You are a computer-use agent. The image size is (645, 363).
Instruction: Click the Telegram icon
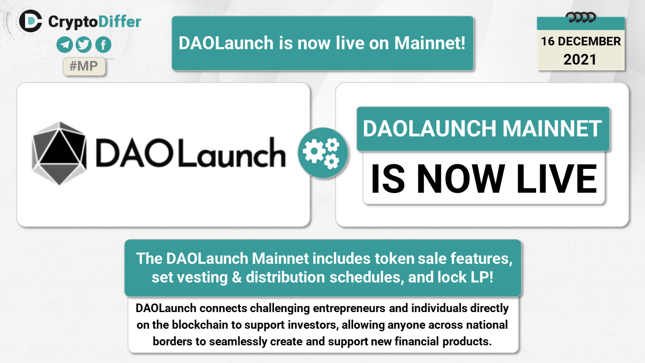pyautogui.click(x=64, y=45)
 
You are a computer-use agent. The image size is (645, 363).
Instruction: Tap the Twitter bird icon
pyautogui.click(x=84, y=45)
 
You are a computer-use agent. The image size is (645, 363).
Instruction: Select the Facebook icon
pyautogui.click(x=103, y=45)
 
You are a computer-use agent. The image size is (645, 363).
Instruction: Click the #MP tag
pyautogui.click(x=84, y=66)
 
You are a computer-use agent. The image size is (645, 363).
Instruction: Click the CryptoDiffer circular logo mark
pyautogui.click(x=31, y=21)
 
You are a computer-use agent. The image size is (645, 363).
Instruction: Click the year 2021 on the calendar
pyautogui.click(x=580, y=59)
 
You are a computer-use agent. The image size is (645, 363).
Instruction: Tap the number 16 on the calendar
pyautogui.click(x=548, y=41)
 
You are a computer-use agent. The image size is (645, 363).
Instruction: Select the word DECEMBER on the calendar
pyautogui.click(x=590, y=41)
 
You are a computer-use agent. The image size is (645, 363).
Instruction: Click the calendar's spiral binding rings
pyautogui.click(x=580, y=18)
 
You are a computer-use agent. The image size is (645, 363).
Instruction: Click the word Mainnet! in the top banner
pyautogui.click(x=430, y=43)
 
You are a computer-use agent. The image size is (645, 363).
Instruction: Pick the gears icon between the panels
pyautogui.click(x=323, y=153)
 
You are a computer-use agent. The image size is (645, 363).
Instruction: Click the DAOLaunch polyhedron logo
pyautogui.click(x=59, y=153)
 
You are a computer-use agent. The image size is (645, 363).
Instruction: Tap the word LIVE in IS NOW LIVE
pyautogui.click(x=556, y=178)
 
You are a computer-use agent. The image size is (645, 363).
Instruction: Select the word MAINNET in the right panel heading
pyautogui.click(x=552, y=129)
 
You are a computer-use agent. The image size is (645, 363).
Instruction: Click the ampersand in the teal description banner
pyautogui.click(x=236, y=277)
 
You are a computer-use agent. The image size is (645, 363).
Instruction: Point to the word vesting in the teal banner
pyautogui.click(x=202, y=278)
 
